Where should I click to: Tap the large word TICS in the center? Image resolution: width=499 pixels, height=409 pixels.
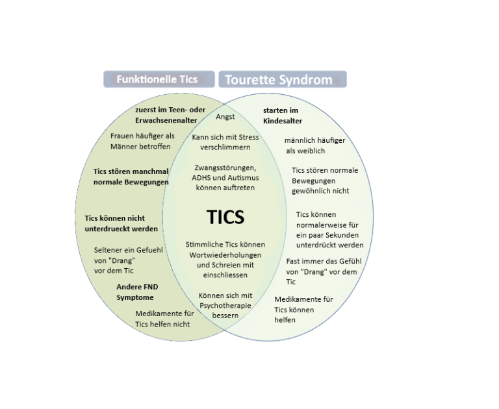[225, 216]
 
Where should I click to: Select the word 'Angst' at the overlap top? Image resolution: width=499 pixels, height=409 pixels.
[225, 117]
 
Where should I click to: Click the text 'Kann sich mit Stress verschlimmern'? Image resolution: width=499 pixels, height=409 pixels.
[225, 142]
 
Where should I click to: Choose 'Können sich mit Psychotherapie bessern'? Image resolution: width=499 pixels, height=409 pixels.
[225, 305]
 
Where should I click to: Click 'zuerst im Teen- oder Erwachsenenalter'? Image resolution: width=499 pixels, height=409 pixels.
[170, 115]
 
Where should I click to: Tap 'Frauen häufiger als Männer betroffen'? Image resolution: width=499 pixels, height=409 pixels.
[141, 141]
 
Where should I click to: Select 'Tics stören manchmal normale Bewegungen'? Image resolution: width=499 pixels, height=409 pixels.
[131, 177]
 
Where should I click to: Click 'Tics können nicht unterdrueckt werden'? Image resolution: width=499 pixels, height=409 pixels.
[121, 223]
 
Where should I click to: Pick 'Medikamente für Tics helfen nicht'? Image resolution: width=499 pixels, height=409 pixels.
[164, 318]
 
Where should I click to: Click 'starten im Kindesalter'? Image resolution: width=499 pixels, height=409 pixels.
[283, 116]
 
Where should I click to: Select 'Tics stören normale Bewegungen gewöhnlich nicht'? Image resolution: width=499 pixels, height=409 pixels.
[324, 180]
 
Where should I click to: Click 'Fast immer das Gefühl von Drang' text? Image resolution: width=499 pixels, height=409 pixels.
[322, 271]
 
